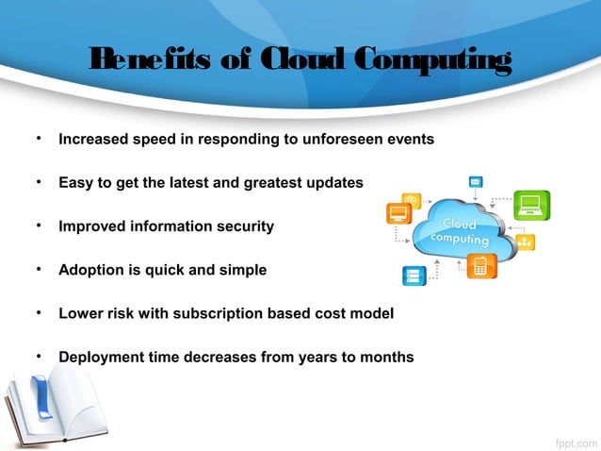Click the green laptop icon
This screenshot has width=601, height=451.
[531, 204]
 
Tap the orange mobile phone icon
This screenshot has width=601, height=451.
[482, 266]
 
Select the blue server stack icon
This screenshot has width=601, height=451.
[414, 276]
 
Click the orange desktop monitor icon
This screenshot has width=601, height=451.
[399, 214]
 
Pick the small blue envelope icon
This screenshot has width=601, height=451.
[477, 181]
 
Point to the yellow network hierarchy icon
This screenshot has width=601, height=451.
[524, 242]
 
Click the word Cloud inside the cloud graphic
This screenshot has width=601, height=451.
[457, 224]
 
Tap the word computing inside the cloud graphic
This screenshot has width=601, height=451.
[459, 240]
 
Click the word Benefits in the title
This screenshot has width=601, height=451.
[142, 61]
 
